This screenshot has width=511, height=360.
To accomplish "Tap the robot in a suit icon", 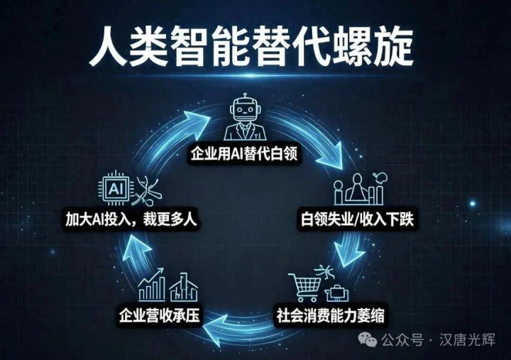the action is point(245,117).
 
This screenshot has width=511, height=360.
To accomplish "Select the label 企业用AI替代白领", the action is point(244,153).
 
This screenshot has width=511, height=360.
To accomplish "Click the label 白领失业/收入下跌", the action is point(357,219).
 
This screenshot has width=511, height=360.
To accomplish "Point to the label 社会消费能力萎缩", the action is point(331,315).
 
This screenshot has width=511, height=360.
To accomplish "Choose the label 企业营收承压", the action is point(159,315).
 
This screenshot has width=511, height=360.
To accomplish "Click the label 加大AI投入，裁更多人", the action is point(131,219).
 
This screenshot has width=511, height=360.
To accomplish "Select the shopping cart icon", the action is point(304,287).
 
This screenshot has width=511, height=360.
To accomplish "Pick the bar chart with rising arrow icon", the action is point(152,285).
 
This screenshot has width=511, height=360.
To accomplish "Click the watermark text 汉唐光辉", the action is point(467,340).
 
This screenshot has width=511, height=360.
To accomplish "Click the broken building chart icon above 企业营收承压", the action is point(184,287).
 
